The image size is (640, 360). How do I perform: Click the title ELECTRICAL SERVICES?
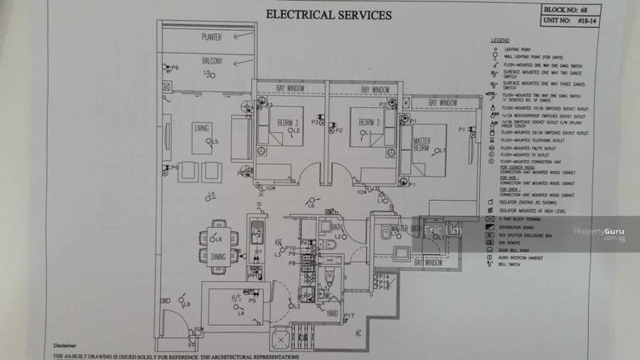tap(328, 14)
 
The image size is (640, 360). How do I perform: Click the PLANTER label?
tap(211, 36)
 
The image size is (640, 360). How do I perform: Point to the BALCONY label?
tap(212, 60)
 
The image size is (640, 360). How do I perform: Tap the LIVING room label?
tap(202, 129)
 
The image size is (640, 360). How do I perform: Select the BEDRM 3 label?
tap(288, 121)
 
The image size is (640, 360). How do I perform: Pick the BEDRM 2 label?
tap(370, 121)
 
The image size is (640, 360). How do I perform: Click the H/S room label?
tap(236, 299)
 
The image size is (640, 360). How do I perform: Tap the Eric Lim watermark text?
tap(442, 231)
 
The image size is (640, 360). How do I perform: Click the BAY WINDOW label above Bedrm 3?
tap(290, 88)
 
